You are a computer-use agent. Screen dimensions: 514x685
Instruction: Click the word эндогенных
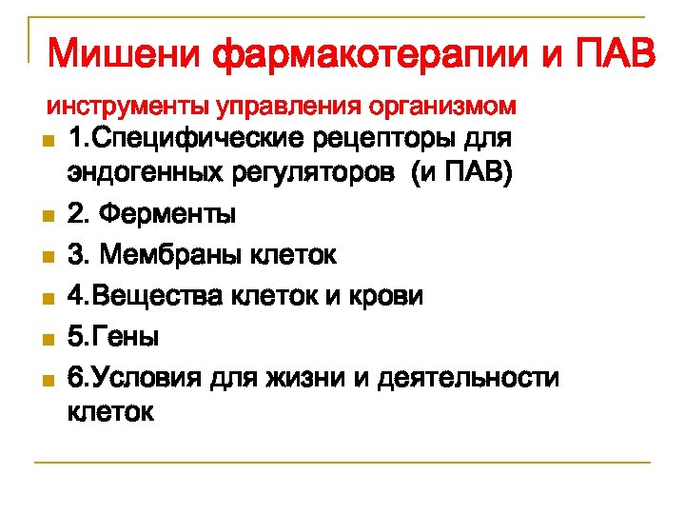coord(137,176)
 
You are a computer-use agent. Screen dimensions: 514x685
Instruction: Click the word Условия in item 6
coord(143,378)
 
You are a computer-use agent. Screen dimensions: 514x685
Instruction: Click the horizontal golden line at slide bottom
coord(342,464)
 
